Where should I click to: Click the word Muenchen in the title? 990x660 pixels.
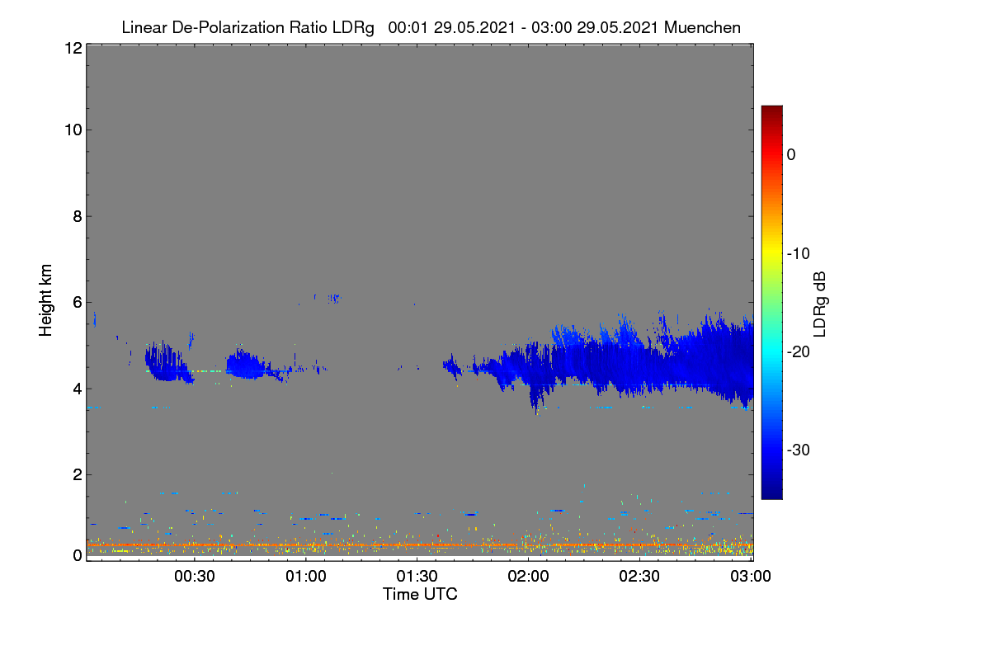702,27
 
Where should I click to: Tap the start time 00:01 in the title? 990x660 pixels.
408,27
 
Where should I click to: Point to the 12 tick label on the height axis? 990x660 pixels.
73,48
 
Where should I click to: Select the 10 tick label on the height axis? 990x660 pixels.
73,130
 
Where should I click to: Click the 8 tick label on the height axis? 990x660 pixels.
78,216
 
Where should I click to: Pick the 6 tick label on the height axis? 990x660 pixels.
78,303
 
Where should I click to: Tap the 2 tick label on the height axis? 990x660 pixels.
78,474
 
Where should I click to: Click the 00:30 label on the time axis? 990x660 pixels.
195,576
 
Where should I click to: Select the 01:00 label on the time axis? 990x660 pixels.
306,576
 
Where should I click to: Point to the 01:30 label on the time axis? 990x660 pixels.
417,576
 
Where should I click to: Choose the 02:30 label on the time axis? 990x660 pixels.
639,576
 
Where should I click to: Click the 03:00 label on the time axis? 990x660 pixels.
751,576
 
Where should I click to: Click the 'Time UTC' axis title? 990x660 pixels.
420,594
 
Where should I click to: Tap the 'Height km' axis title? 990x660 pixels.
45,300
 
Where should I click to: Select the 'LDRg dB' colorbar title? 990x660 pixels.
820,304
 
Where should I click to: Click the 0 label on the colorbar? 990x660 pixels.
791,155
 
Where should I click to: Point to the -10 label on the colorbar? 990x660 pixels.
799,254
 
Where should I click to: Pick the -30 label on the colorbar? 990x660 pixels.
799,450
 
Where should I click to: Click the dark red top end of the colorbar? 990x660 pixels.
771,107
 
